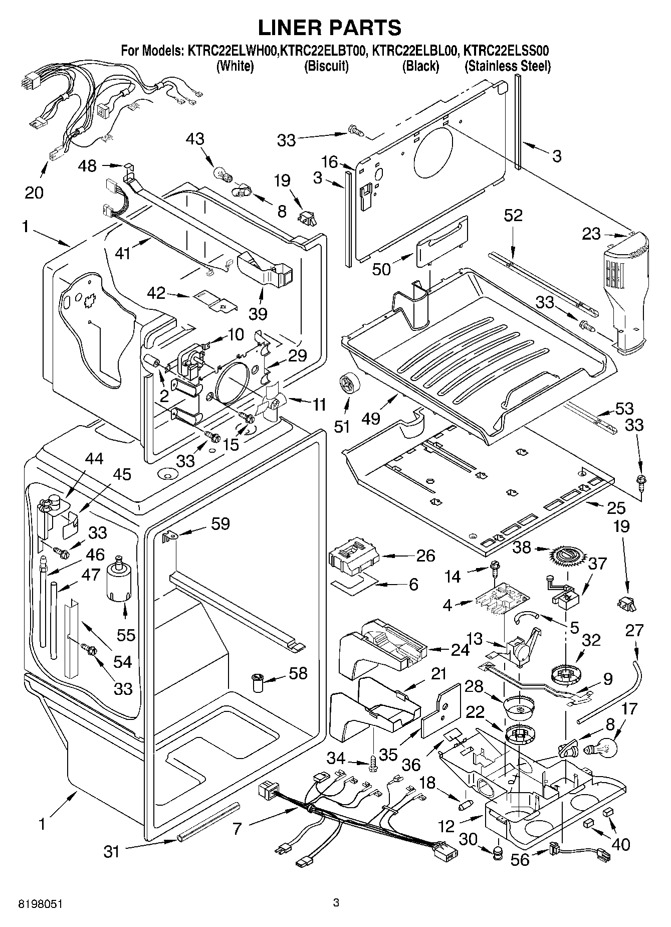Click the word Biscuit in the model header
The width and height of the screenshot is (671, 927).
[x=326, y=66]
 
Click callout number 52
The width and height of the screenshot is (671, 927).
[x=513, y=215]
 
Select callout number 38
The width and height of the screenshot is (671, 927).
[x=522, y=547]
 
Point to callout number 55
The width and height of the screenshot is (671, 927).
[x=126, y=635]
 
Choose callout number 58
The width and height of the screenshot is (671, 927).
[x=298, y=673]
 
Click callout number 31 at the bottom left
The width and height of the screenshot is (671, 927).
[x=112, y=851]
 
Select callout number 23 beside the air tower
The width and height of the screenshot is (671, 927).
[x=591, y=234]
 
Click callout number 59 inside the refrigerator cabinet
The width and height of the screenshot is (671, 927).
[x=220, y=524]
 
